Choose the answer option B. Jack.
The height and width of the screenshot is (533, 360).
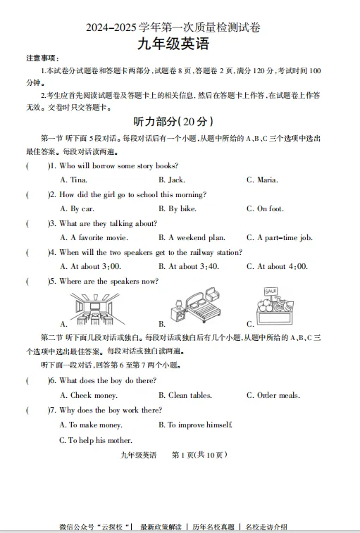click(x=171, y=180)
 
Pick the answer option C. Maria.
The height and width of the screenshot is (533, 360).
click(x=262, y=180)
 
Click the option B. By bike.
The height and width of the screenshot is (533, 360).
click(x=178, y=208)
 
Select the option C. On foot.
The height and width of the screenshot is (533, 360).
click(x=265, y=208)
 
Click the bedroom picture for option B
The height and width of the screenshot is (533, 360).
click(x=194, y=308)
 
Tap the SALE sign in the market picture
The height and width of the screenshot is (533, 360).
click(x=271, y=291)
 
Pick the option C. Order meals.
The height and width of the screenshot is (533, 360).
click(x=273, y=396)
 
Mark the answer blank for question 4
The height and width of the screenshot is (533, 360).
click(x=37, y=252)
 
